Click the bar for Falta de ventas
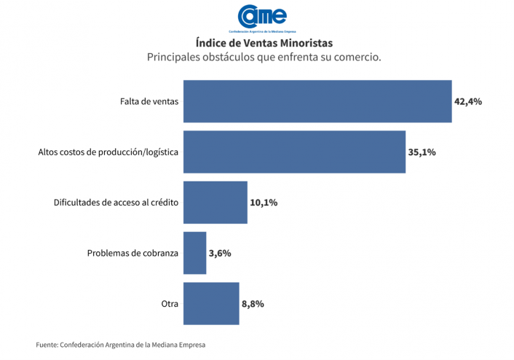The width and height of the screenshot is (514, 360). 317,101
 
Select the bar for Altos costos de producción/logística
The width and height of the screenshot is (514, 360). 294,152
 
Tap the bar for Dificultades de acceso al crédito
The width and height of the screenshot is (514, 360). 216,202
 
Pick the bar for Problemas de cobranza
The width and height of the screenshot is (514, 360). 194,253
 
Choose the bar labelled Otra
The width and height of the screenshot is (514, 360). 211,303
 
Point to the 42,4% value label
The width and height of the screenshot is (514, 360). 468,101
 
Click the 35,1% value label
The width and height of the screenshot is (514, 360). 421,152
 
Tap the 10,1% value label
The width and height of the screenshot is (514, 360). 264,202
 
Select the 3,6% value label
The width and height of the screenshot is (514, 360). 219,253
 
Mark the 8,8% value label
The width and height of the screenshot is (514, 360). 252,303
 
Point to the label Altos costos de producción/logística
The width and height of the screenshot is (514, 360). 108,152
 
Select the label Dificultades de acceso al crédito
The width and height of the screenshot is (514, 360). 116,202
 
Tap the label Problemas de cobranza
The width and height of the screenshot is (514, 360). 133,253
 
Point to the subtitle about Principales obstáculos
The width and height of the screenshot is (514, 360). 264,57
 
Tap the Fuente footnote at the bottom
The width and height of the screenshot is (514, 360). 126,345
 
